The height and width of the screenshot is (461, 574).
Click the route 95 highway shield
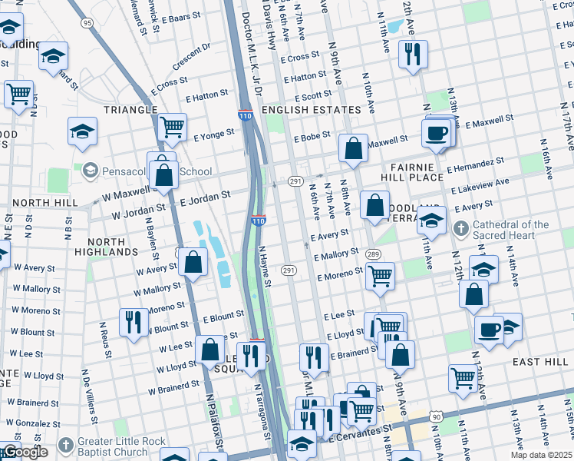point(87,23)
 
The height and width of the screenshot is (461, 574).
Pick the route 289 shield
point(373,254)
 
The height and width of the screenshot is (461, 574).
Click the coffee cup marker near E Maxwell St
point(437,132)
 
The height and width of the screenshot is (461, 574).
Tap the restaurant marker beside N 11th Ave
point(413,53)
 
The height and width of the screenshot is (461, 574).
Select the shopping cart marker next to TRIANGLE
point(172,127)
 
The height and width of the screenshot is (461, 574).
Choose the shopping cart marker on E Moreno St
point(379,276)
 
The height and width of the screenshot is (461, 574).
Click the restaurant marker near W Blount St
point(134,321)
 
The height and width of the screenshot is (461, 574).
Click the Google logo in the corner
point(25,452)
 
